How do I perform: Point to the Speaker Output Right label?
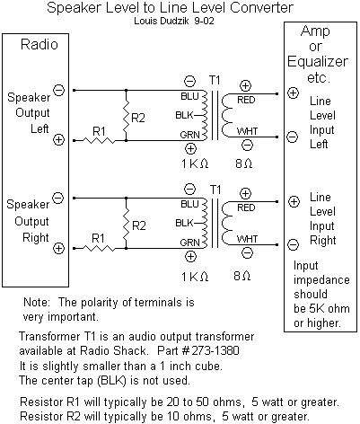click(27, 221)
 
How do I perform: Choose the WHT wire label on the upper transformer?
click(246, 130)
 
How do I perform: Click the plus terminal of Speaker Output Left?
click(58, 140)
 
